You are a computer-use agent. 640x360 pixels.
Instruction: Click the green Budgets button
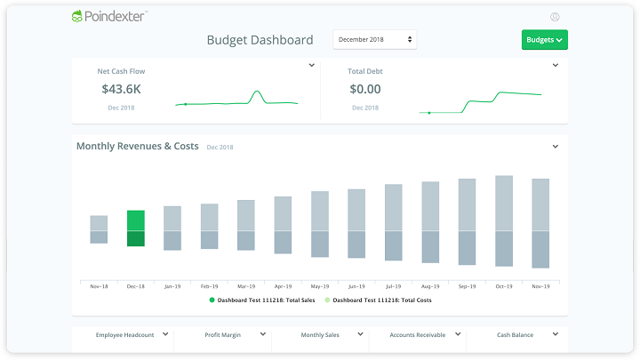coord(545,40)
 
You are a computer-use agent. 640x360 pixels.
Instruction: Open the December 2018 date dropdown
coord(375,40)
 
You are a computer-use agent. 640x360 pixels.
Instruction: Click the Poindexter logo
coord(109,16)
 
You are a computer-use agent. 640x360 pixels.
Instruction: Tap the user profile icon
coord(555,17)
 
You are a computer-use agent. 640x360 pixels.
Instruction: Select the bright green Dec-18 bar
coord(136,228)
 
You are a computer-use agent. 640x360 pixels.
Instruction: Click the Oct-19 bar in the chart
coord(504,220)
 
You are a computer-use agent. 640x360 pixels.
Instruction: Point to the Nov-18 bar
coord(99,229)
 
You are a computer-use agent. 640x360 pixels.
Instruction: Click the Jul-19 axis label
coord(394,286)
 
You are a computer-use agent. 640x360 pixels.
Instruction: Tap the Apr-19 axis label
coord(283,286)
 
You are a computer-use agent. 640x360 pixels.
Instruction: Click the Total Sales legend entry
coord(262,300)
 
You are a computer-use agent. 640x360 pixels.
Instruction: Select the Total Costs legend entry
coord(378,300)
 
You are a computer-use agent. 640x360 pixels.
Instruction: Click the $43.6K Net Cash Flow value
coord(121,89)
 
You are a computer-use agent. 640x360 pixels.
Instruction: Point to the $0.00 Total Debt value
coord(365,89)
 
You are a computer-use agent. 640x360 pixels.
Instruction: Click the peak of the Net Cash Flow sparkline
coord(257,91)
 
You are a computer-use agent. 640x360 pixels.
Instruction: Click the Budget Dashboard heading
coord(260,40)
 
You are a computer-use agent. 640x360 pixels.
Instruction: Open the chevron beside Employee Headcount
coord(165,334)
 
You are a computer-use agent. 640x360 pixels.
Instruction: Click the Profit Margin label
coord(223,335)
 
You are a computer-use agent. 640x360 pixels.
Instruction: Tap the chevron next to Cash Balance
coord(556,334)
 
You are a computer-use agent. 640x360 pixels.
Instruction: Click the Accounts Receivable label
coord(418,335)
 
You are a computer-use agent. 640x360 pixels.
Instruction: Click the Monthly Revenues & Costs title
coord(138,146)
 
